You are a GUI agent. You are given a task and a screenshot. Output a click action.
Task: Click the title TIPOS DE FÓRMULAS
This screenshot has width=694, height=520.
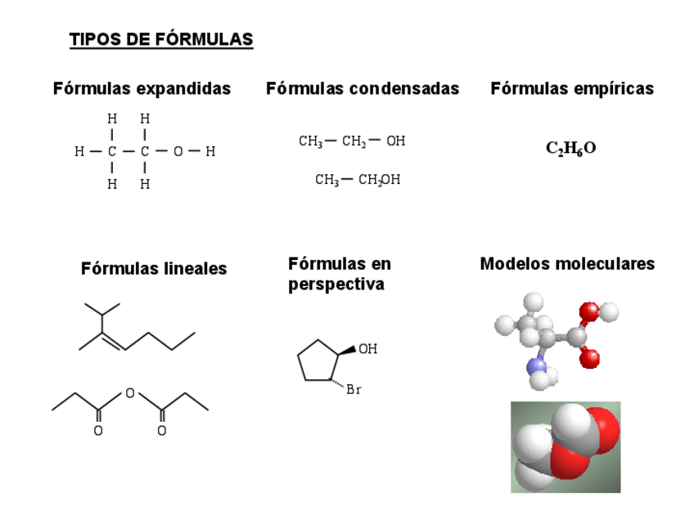[x=161, y=39]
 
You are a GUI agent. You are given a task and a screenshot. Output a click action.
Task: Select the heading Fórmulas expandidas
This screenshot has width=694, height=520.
[x=142, y=88]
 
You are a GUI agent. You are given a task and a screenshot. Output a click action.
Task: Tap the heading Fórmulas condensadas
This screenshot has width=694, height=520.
[x=363, y=88]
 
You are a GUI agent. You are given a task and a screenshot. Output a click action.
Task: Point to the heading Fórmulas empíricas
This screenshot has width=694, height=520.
[x=572, y=88]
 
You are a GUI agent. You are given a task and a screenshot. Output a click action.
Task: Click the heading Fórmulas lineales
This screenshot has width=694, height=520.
[x=154, y=268]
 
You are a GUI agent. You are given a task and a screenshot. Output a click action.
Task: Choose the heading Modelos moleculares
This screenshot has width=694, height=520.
[x=567, y=263]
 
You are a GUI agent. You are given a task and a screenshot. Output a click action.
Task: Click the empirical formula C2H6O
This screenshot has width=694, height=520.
[x=570, y=148]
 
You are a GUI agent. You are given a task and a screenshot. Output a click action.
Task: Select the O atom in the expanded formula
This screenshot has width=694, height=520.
[x=178, y=151]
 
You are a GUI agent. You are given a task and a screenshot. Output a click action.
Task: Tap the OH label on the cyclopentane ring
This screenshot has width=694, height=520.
[x=368, y=349]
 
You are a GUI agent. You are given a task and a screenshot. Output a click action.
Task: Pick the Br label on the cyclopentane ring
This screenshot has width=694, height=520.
[x=354, y=390]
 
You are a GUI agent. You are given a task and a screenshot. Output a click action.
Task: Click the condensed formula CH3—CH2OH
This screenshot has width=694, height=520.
[x=358, y=180]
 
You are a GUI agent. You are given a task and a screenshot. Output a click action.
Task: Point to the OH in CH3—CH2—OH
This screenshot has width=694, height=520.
[x=396, y=141]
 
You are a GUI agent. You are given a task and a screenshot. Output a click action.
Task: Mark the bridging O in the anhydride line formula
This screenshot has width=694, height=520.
[x=129, y=393]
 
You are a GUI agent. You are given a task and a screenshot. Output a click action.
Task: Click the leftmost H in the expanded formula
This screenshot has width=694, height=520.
[x=79, y=151]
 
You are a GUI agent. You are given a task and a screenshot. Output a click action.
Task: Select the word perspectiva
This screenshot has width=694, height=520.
[x=336, y=285]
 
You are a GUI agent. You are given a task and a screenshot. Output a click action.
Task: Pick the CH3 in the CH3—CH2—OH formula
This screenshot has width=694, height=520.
[x=310, y=141]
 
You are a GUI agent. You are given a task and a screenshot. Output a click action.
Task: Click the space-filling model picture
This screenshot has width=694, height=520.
[x=566, y=446]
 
